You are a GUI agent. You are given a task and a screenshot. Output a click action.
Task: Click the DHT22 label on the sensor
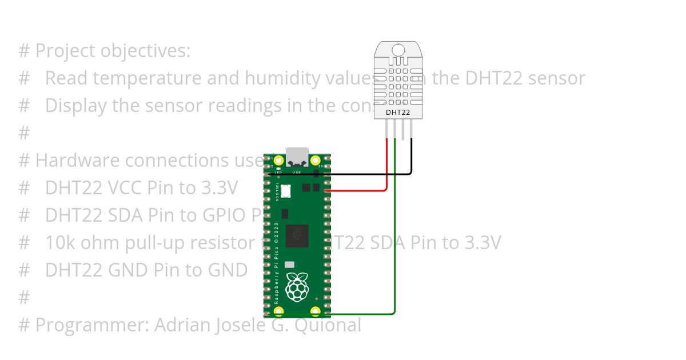click(x=398, y=113)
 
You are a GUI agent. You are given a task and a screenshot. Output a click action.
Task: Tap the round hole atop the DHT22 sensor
click(x=398, y=50)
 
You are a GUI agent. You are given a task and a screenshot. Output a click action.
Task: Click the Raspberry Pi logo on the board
click(x=296, y=287)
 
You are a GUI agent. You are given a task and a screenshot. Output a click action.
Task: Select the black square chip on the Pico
click(x=297, y=235)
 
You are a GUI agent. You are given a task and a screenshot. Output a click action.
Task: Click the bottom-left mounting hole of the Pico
click(x=278, y=311)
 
